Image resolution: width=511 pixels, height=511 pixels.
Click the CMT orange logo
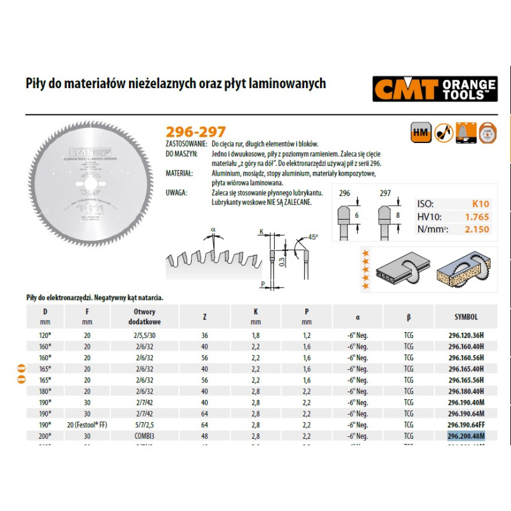[x=434, y=89]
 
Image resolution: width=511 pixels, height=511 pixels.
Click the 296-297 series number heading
[x=195, y=132]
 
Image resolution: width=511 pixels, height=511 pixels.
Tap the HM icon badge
[x=418, y=132]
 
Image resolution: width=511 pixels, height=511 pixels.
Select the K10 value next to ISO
[x=480, y=204]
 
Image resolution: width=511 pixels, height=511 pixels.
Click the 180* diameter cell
[x=45, y=392]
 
